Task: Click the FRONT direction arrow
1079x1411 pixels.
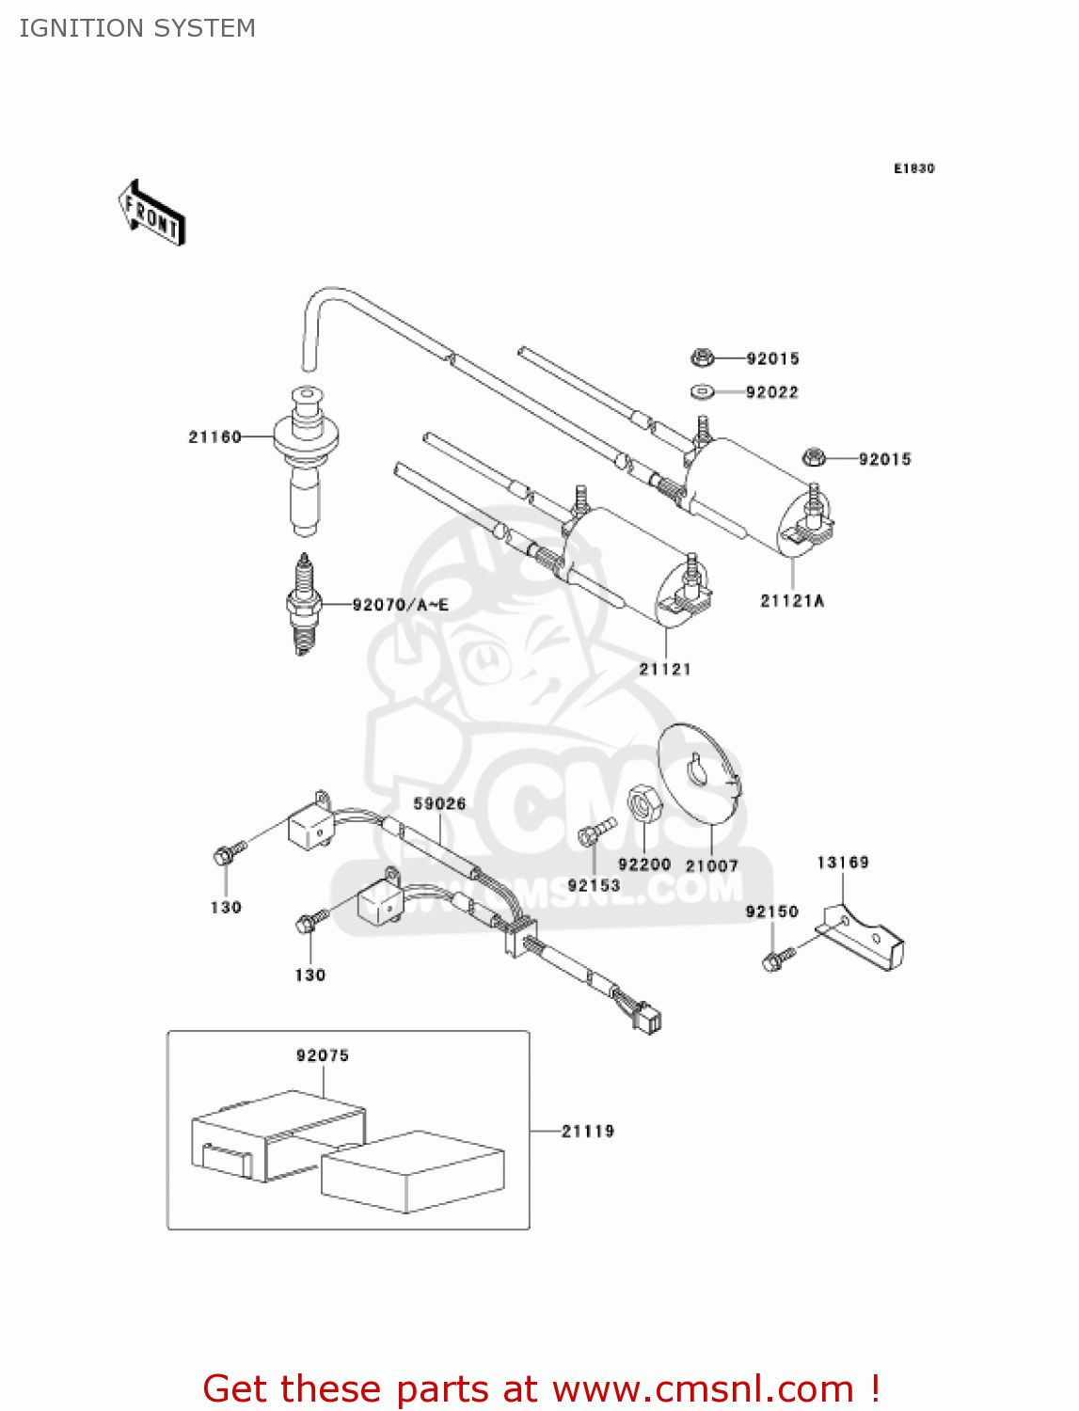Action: coord(151,214)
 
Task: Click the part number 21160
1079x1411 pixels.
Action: coord(214,436)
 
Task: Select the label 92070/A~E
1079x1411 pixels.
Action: coord(400,605)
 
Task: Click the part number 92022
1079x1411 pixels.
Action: coord(771,392)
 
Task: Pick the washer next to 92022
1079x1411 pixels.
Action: coord(702,391)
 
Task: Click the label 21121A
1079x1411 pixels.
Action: coord(792,600)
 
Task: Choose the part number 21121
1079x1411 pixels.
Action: coord(665,669)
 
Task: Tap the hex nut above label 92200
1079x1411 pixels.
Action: coord(644,804)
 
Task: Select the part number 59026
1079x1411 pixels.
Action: coord(439,803)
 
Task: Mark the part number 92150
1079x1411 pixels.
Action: coord(771,912)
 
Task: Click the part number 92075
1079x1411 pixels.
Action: coord(323,1055)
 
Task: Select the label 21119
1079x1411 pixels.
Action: coord(588,1131)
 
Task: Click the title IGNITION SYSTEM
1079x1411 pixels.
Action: coord(137,28)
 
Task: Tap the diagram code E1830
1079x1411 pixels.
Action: coord(913,168)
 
